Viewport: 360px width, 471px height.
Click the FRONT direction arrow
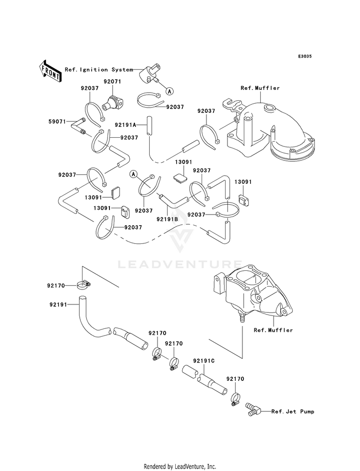click(x=50, y=71)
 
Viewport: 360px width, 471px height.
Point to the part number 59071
click(x=57, y=121)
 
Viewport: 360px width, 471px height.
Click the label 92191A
click(x=125, y=125)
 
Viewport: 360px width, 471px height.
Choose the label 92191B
click(x=167, y=219)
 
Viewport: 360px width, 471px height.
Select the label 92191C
click(x=204, y=361)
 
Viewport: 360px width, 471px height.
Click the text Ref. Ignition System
click(x=99, y=70)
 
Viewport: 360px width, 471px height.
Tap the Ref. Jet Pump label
click(x=293, y=411)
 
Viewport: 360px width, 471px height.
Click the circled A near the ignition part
click(x=169, y=91)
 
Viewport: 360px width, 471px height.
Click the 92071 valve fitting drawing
click(x=113, y=103)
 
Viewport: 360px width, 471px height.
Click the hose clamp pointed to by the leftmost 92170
click(x=83, y=285)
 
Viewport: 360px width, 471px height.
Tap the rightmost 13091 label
click(x=243, y=182)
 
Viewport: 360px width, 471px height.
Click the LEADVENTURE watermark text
click(x=180, y=265)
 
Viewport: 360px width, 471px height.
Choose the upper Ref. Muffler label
click(x=260, y=88)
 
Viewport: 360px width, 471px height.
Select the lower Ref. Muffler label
click(x=273, y=330)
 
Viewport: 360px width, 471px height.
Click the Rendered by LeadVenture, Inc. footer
click(x=180, y=467)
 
